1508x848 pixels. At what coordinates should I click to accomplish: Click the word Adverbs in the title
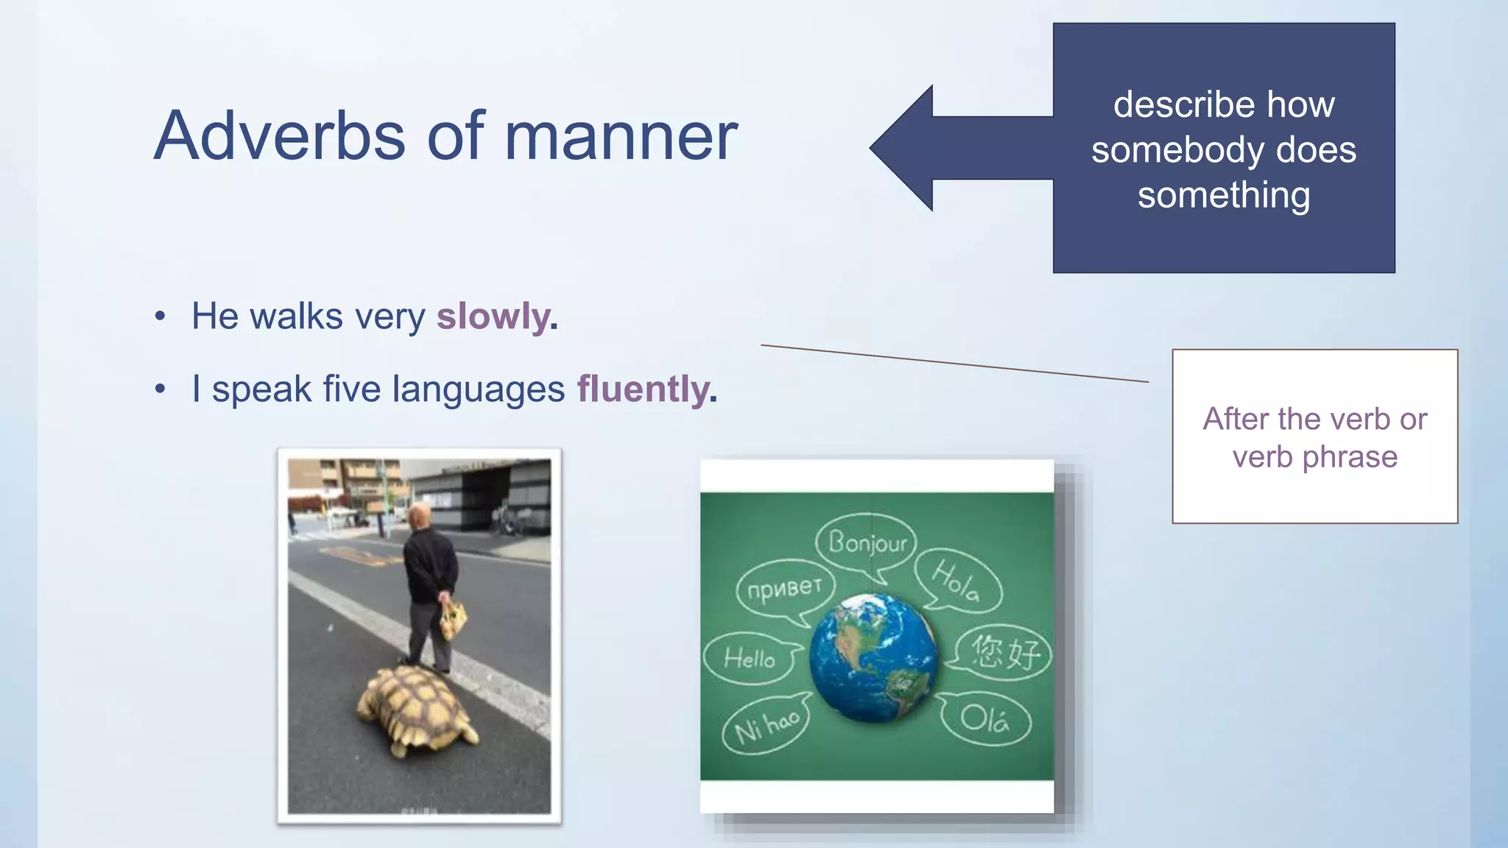click(x=280, y=136)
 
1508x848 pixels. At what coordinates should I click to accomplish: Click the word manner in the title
click(x=621, y=136)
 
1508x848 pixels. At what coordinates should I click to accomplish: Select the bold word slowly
click(x=493, y=317)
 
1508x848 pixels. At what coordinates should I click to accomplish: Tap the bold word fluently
click(x=643, y=389)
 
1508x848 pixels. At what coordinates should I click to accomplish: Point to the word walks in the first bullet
click(x=296, y=317)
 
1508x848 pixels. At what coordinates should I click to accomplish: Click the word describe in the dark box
click(x=1171, y=105)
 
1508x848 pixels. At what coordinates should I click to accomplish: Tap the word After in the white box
click(x=1236, y=419)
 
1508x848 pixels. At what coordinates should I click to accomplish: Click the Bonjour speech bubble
click(x=867, y=543)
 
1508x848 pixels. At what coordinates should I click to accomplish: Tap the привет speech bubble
click(x=783, y=589)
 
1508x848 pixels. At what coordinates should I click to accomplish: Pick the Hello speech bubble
click(x=749, y=657)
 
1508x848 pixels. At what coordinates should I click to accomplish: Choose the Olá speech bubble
click(x=984, y=718)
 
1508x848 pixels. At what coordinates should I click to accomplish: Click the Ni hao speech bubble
click(x=766, y=725)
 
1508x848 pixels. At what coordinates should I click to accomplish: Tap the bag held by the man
click(x=452, y=620)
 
